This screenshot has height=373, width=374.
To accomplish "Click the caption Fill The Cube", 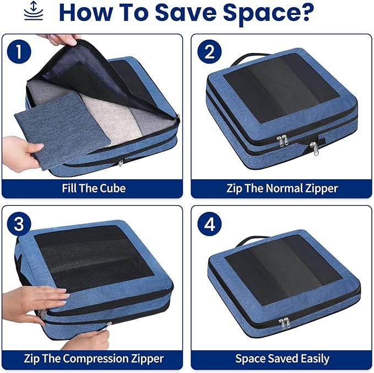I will point(93,188).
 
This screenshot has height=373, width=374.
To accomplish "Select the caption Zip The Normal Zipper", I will point(282,188).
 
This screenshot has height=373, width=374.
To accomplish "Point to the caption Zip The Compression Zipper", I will point(93,359).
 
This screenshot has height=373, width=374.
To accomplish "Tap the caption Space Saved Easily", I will point(282,359).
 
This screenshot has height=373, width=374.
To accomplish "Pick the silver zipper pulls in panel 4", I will point(285,322).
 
